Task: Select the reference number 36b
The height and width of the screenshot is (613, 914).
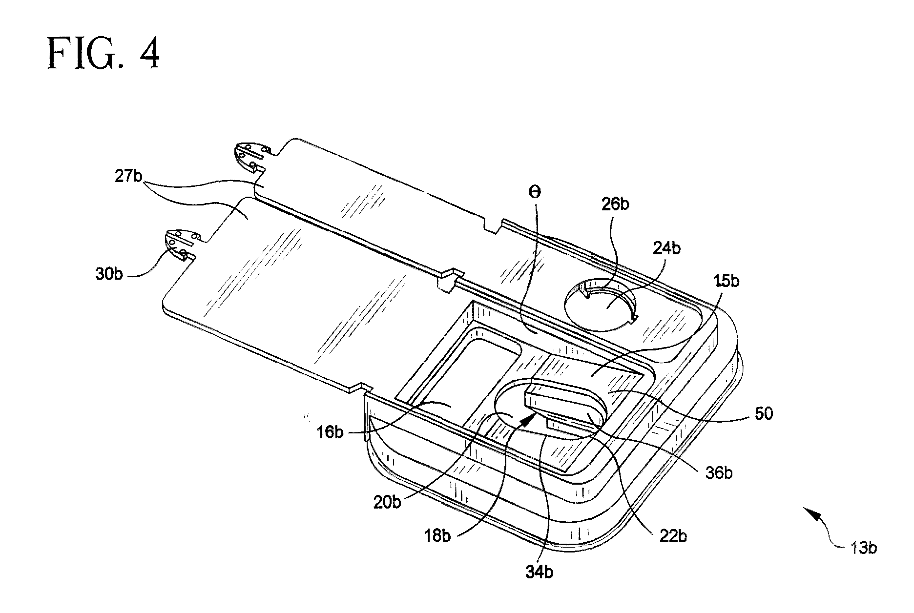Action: (718, 473)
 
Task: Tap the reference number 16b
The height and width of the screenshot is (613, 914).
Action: (331, 432)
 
